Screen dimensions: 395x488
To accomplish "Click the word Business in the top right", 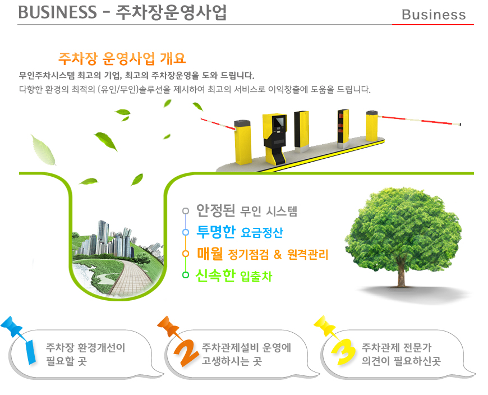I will click(x=434, y=15).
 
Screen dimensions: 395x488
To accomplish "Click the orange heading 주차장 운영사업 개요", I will click(x=122, y=58).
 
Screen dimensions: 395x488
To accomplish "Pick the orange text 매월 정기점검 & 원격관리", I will click(x=262, y=254).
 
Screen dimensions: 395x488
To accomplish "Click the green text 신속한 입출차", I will click(x=233, y=275).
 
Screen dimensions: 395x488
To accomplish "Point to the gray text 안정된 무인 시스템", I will click(x=246, y=211).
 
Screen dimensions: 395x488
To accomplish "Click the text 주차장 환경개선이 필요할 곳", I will click(x=85, y=354).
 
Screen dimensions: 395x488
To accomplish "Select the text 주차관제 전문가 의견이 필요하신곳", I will click(x=401, y=354).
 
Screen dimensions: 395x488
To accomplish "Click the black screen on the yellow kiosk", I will click(x=277, y=122).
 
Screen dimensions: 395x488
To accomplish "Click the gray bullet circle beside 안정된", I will click(x=186, y=212).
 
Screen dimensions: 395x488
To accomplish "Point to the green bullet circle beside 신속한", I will click(x=186, y=275).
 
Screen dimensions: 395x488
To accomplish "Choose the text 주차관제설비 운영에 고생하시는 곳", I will click(x=246, y=354).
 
